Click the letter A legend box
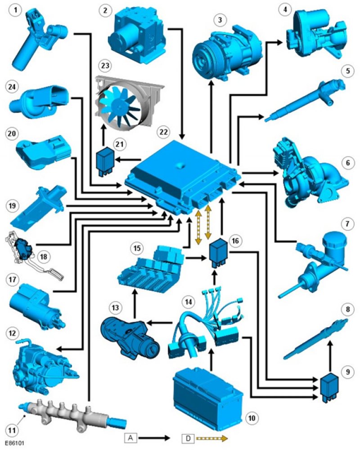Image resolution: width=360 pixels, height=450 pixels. (x=130, y=438)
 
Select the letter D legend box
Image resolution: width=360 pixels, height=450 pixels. (x=189, y=438)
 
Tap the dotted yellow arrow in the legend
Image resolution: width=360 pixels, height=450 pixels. (x=212, y=438)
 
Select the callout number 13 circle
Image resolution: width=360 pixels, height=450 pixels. (x=115, y=308)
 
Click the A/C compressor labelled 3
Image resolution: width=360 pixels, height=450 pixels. (x=227, y=53)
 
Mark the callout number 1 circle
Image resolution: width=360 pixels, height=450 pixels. (x=15, y=11)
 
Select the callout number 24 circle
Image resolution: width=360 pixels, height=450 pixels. (x=12, y=87)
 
